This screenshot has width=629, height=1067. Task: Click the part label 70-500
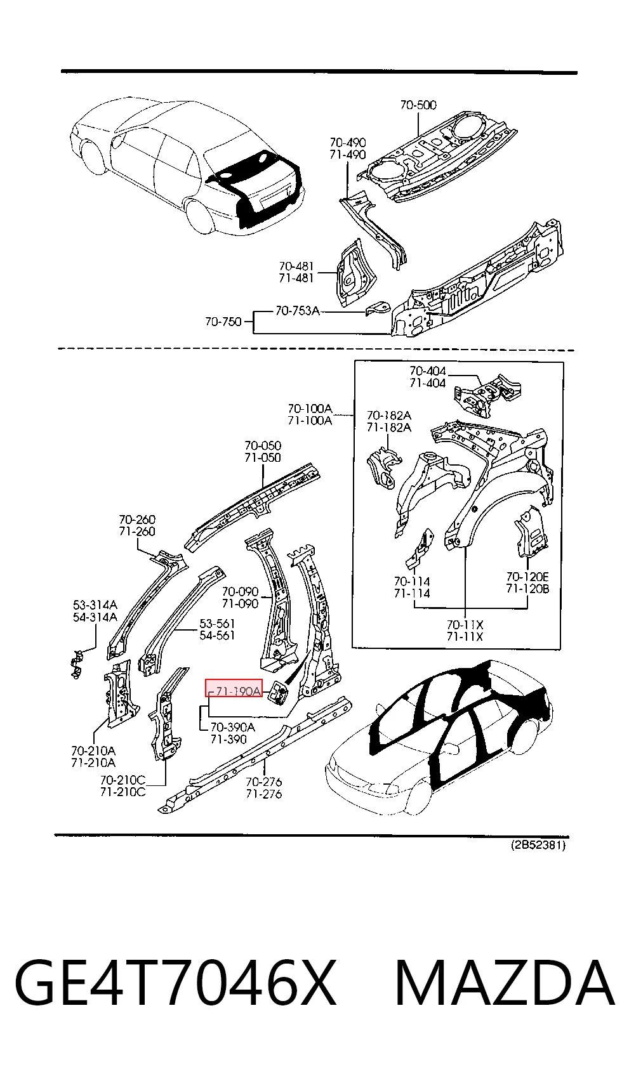coord(418,105)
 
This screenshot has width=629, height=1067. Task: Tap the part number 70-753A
coord(297,311)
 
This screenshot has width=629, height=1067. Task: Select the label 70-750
coord(223,322)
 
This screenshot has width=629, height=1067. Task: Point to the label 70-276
coord(264,782)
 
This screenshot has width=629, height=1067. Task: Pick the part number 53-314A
coord(95,605)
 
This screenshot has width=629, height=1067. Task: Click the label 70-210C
coord(123,780)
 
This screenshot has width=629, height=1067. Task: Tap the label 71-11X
coord(465,636)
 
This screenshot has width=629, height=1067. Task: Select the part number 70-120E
coord(527,577)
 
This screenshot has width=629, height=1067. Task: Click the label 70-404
coord(428,370)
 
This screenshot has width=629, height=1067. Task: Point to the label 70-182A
coord(389,416)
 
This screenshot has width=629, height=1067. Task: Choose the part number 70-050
coord(263,445)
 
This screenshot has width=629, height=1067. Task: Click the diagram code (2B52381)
coord(538,846)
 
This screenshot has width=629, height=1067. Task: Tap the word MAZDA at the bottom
coord(505,984)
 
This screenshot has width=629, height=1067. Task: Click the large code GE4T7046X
coord(175,984)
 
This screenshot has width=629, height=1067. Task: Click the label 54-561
coord(217,635)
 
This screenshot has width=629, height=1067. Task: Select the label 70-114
coord(412,581)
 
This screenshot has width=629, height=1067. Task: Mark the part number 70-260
coord(137,519)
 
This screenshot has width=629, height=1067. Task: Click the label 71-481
coord(296,278)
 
